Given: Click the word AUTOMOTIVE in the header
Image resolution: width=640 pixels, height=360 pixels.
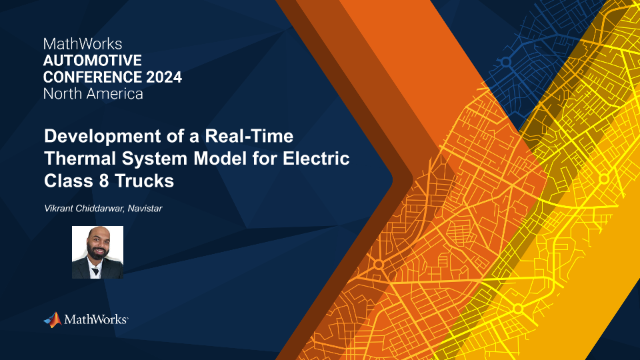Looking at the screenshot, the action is click(92, 61).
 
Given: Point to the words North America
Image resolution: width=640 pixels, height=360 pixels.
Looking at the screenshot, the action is click(93, 94).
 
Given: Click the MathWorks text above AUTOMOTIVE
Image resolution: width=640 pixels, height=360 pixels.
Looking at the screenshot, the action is click(83, 44).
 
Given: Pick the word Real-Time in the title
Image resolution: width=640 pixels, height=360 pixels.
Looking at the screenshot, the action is click(249, 136).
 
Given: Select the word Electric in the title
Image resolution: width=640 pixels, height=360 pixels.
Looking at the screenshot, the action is click(316, 159).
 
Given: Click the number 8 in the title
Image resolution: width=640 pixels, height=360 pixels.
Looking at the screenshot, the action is click(104, 181).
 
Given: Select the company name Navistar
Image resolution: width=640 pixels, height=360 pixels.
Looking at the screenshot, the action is click(145, 209).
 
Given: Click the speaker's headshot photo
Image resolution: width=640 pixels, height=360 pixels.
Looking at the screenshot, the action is click(97, 252).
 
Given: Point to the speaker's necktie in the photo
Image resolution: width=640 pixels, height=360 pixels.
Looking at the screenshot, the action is click(95, 271).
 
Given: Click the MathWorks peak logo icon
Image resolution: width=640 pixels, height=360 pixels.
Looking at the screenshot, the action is click(53, 319).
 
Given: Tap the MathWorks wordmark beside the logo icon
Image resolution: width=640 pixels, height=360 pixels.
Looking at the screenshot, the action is click(96, 319).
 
